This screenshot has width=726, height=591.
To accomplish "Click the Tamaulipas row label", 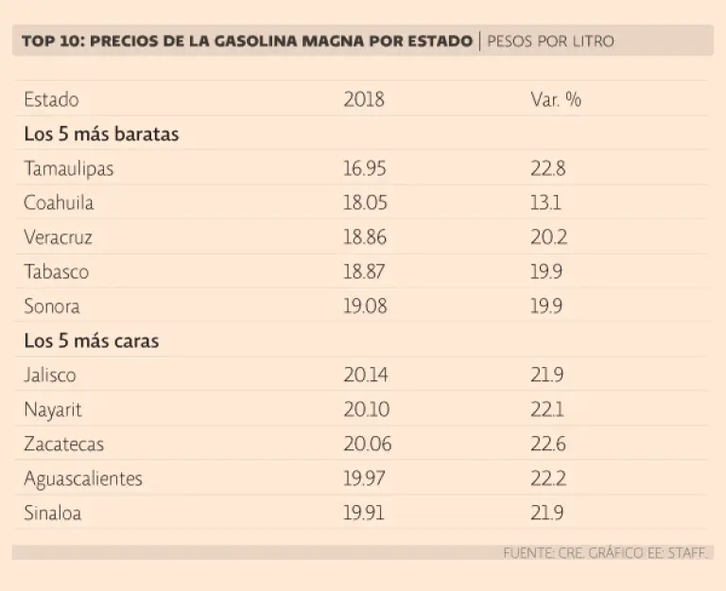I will tap(69, 168).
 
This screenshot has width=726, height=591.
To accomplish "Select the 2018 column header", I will tap(364, 99).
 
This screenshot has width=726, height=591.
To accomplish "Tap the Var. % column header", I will tap(556, 99).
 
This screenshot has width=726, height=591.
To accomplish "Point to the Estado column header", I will tap(51, 99).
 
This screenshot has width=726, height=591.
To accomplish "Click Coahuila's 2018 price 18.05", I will tap(364, 202).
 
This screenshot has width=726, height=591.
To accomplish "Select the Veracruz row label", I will tap(58, 237).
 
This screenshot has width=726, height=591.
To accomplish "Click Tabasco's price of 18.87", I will tap(364, 271).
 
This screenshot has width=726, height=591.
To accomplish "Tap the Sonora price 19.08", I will tap(364, 306).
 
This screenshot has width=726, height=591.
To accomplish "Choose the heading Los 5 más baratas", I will tap(101, 134).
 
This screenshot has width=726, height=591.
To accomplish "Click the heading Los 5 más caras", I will tap(91, 340).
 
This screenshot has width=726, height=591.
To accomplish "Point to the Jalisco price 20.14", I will tap(364, 375).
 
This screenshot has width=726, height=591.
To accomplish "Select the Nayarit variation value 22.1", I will tap(548, 409).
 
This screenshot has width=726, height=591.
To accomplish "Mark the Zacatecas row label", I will tap(63, 444).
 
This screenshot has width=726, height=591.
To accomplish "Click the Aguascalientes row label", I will tap(83, 478).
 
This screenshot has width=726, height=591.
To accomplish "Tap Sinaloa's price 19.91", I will tap(364, 513).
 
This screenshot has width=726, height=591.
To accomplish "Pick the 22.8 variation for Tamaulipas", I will tap(548, 168).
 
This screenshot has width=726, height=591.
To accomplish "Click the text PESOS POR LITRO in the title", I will tap(550, 42).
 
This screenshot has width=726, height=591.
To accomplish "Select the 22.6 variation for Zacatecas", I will tap(548, 444).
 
